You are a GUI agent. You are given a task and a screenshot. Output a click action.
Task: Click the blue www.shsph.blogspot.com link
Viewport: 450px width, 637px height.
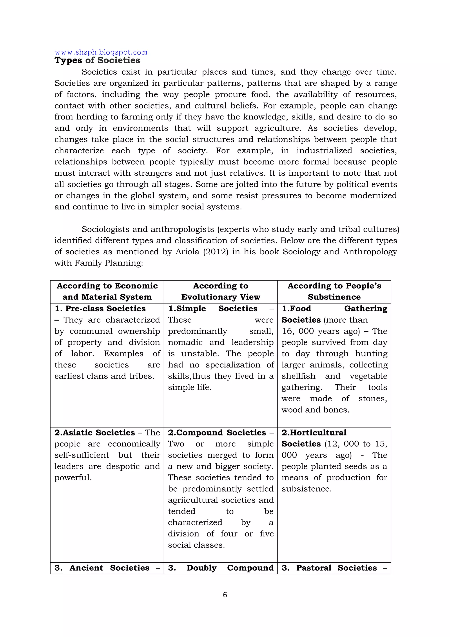coord(101,52)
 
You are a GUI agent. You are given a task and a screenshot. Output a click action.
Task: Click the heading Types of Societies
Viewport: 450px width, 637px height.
coord(97,60)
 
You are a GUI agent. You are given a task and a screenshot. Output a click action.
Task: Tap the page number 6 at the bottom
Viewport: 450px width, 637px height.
coord(225,595)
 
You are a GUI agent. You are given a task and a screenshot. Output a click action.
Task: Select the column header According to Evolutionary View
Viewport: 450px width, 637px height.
coord(221,291)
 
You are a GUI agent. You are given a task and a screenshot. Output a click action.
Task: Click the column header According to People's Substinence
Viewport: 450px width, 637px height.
coord(334,291)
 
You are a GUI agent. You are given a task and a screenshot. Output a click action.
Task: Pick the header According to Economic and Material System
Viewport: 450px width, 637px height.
coord(107,291)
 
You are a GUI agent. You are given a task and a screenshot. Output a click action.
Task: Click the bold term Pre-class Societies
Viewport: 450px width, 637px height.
coord(105,308)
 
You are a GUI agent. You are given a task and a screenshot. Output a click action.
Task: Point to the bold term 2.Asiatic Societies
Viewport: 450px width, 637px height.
coord(94,433)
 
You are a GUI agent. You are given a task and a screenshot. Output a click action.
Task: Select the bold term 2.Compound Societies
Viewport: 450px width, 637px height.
coord(217,433)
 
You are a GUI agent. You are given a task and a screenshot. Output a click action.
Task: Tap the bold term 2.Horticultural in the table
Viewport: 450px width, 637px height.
coord(314,433)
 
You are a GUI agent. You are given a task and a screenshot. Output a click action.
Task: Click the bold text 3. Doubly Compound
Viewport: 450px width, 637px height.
coord(221,568)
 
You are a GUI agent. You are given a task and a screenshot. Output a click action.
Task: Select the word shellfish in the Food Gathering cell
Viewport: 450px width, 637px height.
coord(298,376)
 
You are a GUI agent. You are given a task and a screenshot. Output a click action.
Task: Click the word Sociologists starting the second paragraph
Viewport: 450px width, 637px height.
coord(105,229)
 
